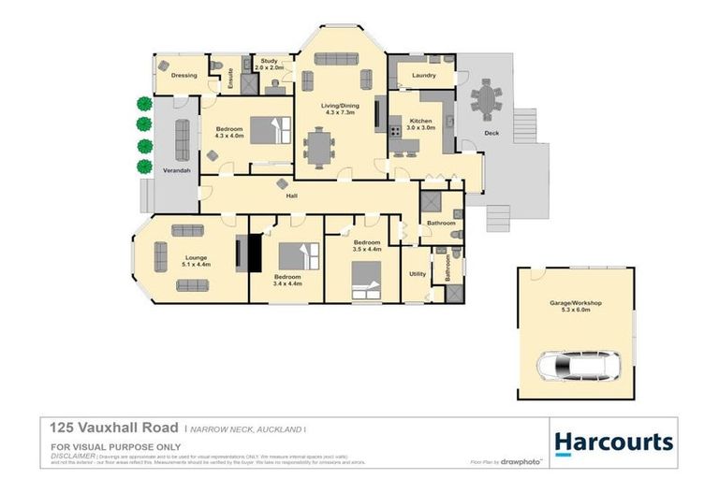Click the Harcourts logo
[x=612, y=442]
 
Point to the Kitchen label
[x=420, y=122]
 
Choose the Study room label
[x=270, y=60]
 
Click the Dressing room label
[x=183, y=75]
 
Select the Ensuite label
[x=230, y=78]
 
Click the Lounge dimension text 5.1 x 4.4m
[x=196, y=264]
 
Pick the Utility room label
[x=418, y=274]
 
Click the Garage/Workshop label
[x=576, y=303]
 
